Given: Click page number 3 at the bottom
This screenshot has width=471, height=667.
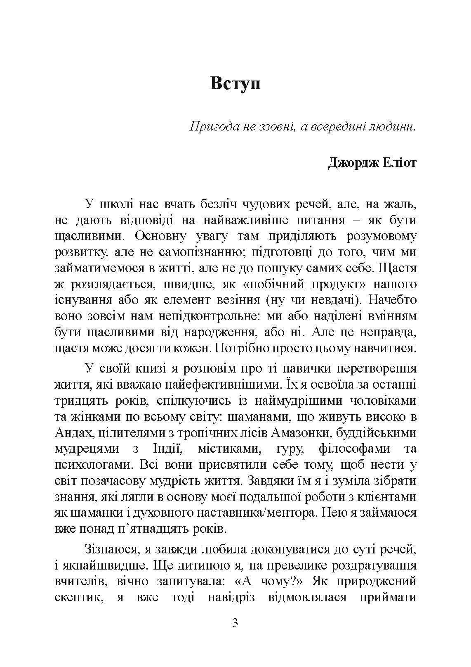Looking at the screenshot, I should pyautogui.click(x=235, y=623).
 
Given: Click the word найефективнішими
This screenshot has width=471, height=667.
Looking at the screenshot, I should pyautogui.click(x=219, y=385).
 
